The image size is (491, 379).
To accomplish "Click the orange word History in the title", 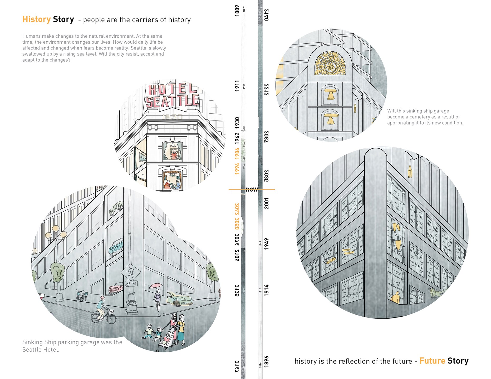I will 36,19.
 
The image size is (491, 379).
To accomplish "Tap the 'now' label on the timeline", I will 252,189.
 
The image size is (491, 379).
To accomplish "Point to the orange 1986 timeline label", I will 237,153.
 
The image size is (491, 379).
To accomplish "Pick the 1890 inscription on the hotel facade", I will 172,117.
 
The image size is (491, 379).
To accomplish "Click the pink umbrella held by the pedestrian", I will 156,286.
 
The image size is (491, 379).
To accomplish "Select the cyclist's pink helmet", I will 102,297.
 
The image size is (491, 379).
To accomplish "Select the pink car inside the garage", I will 116,287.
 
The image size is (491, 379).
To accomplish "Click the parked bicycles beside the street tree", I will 81,297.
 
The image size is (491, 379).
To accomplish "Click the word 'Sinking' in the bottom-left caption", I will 32,342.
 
